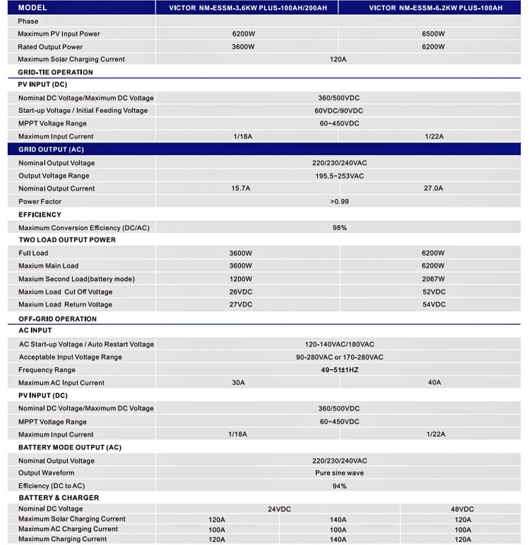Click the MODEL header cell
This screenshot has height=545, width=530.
click(33, 8)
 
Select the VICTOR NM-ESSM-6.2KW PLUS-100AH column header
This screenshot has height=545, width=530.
click(435, 8)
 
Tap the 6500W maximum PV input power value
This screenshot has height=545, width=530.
click(433, 34)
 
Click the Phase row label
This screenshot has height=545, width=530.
click(28, 21)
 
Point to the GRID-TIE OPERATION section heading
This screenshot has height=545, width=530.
click(56, 72)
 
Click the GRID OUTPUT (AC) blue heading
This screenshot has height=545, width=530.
click(51, 149)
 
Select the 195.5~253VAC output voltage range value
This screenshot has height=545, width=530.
click(339, 176)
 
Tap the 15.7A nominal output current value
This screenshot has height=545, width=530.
click(240, 189)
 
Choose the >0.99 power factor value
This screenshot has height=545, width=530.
click(339, 202)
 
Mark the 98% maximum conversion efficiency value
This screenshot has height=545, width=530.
click(339, 228)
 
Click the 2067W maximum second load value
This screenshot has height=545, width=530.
click(433, 279)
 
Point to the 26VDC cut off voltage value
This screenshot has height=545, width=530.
click(240, 292)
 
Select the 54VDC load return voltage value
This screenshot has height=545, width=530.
click(434, 305)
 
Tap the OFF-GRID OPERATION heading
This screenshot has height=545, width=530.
click(57, 319)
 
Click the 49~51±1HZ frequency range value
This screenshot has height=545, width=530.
click(339, 370)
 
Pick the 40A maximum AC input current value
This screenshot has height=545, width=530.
click(434, 383)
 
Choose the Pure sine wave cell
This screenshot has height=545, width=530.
click(339, 473)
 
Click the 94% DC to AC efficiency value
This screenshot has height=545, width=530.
click(339, 486)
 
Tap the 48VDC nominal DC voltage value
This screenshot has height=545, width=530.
click(462, 509)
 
